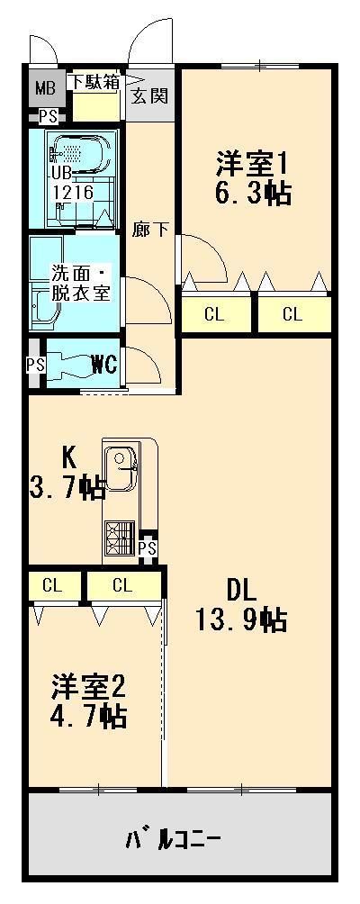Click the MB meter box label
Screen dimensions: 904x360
pos(45,89)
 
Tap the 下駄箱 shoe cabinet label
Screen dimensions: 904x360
pos(94,82)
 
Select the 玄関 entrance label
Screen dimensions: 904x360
pos(148,96)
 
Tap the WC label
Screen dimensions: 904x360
pos(105,365)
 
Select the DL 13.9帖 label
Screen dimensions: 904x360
pos(240,605)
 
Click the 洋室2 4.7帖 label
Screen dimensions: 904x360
pos(87,701)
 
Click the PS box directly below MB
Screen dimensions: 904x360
pos(47,116)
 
